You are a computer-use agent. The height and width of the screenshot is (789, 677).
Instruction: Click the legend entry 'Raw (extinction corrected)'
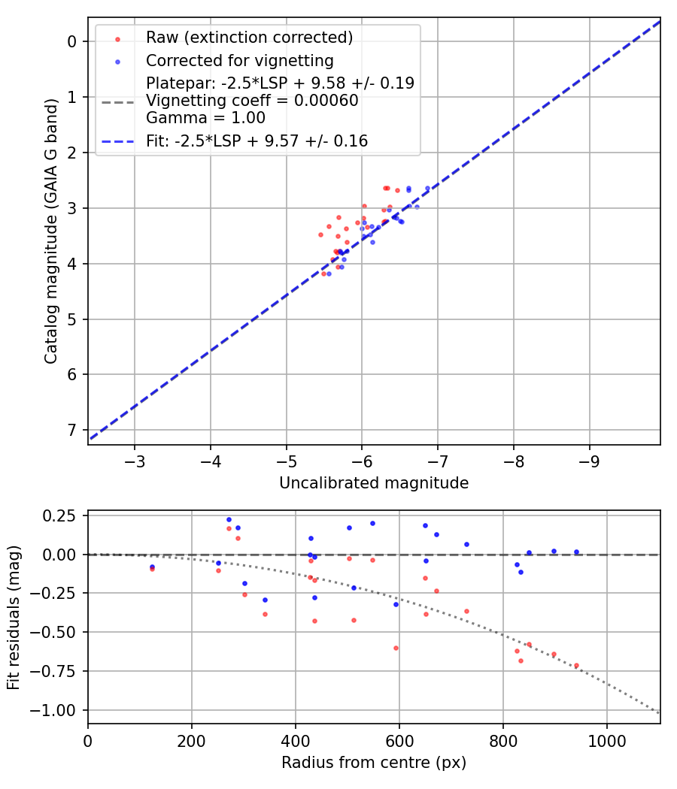tap(249, 37)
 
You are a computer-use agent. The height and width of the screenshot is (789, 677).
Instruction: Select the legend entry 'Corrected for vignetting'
tap(240, 60)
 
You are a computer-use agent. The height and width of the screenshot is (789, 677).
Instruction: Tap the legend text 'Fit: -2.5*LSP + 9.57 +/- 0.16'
tap(257, 141)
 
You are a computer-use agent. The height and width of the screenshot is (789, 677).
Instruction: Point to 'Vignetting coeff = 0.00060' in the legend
tap(252, 101)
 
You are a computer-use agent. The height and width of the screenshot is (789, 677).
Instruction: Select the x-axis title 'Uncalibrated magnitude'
tap(374, 483)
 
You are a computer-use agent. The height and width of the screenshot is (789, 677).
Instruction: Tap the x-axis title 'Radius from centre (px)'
tap(374, 763)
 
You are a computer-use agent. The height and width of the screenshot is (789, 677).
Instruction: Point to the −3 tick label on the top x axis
tap(135, 460)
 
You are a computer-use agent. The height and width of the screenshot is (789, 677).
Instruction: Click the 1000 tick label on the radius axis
tap(606, 739)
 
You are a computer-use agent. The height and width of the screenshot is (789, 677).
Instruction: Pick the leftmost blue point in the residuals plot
tap(152, 567)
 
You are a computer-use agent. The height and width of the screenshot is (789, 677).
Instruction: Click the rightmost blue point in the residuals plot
tap(576, 552)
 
